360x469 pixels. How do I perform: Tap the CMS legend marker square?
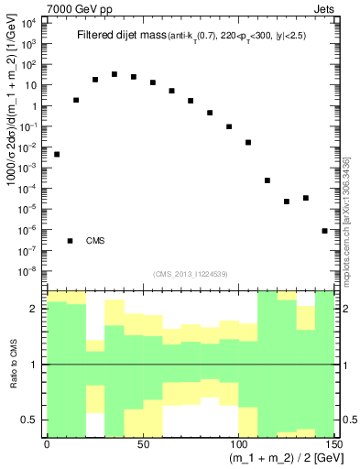(71, 241)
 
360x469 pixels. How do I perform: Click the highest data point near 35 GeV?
(115, 74)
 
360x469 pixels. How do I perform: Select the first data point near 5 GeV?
(57, 154)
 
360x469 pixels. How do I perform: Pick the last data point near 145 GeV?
(325, 231)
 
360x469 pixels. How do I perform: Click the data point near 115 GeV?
(267, 180)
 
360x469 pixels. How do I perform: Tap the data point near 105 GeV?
(248, 142)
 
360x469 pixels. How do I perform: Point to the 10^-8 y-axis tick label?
(30, 270)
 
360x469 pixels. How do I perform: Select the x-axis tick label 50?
(143, 442)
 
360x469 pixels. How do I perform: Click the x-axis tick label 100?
(238, 442)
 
